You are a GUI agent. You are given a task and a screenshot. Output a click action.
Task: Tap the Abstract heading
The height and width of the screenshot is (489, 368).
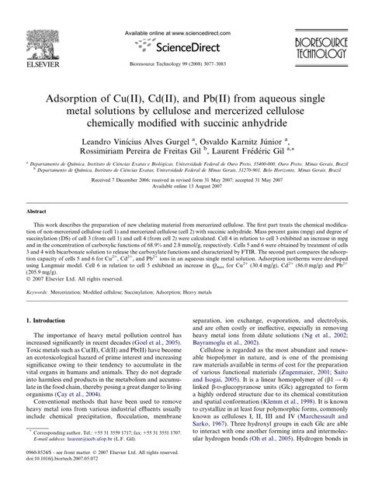[x=39, y=212]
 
